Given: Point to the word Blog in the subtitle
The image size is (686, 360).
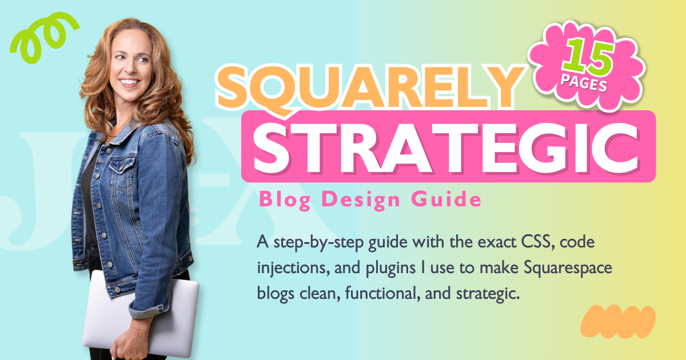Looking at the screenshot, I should tap(280, 200).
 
